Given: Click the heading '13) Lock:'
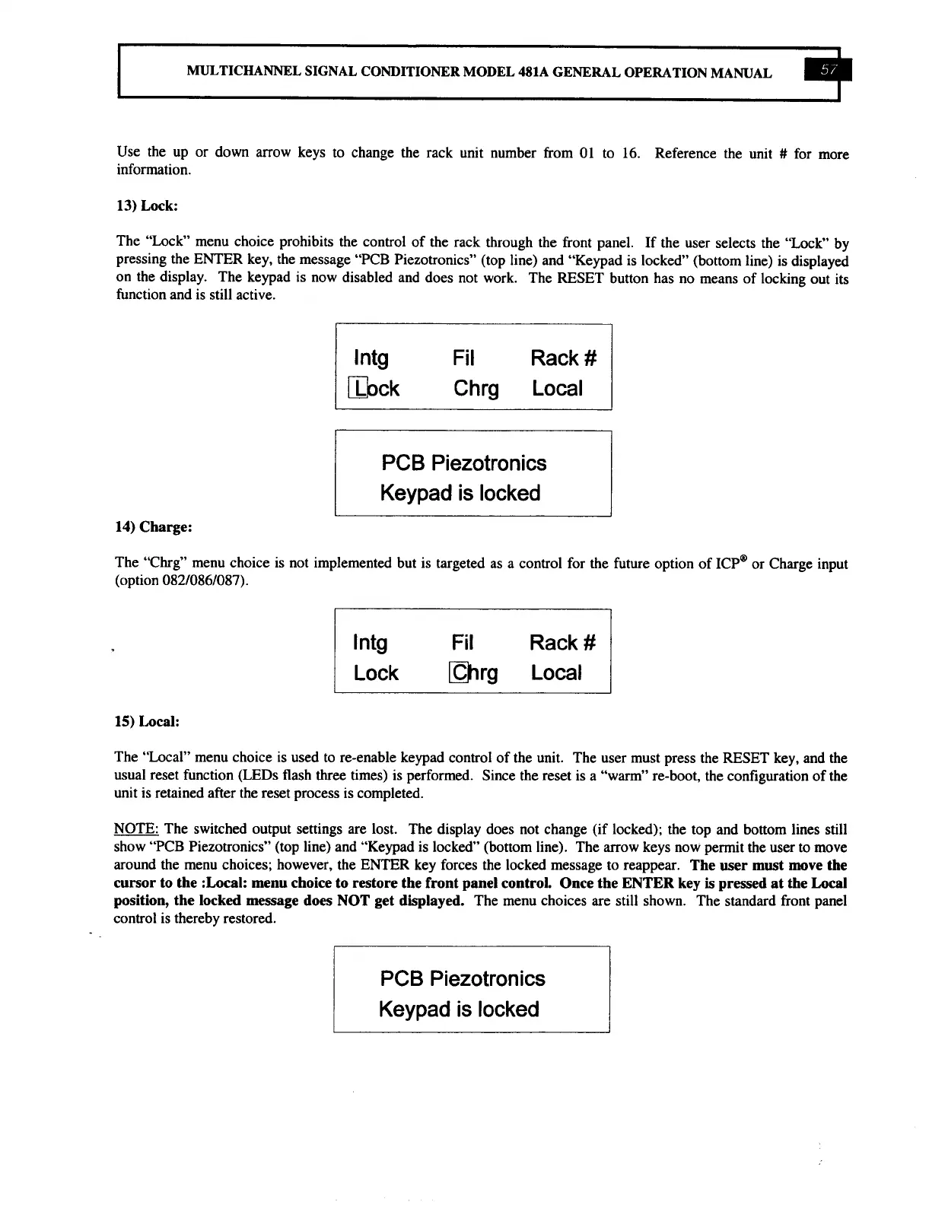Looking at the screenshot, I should coord(147,205).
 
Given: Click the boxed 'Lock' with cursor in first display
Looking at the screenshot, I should coord(374,389).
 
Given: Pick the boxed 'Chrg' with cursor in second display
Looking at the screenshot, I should coord(475,673).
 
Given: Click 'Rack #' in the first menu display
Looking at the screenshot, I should coord(564,358).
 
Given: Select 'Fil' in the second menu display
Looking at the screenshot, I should coord(462,644).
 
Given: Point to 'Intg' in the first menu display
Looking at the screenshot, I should coord(371,358).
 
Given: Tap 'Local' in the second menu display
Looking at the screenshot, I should coord(556,673).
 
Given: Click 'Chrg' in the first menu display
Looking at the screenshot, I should coord(476,389).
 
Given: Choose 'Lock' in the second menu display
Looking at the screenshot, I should coord(376,673).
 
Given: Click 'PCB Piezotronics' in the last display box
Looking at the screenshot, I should coord(463,978).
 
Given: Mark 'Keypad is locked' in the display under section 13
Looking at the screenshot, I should coord(460,493).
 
